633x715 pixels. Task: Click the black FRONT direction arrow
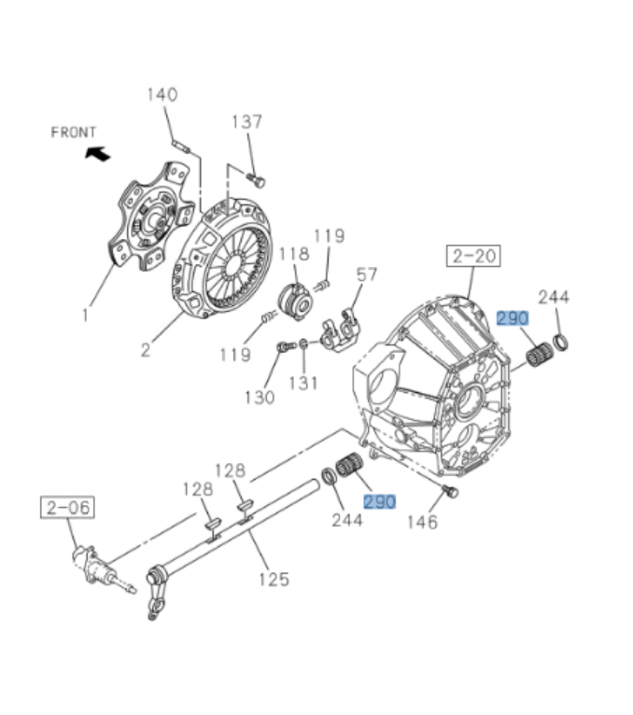[96, 153]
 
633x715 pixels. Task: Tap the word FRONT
[74, 133]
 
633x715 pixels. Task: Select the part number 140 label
[162, 94]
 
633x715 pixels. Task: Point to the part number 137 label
[247, 121]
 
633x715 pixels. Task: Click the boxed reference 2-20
[474, 255]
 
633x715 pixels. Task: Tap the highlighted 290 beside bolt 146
[380, 502]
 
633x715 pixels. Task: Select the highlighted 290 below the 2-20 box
[513, 318]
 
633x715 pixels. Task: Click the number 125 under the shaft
[273, 580]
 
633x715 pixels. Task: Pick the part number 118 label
[293, 254]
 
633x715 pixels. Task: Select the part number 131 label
[303, 383]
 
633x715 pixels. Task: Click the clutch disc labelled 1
[149, 216]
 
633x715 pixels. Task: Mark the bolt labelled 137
[259, 180]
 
